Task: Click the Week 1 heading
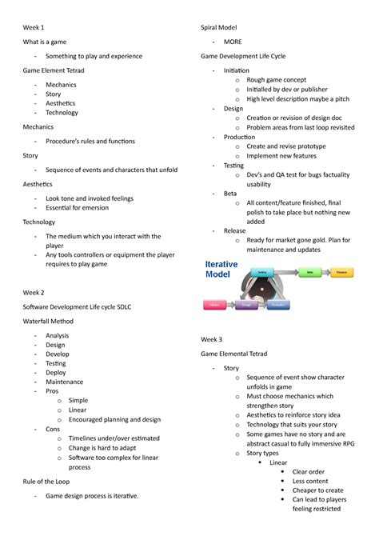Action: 33,27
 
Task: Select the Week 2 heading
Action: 33,293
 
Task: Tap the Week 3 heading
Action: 211,339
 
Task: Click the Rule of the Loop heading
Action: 50,482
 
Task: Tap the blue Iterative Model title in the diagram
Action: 221,269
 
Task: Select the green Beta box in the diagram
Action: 309,273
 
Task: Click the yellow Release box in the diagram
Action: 341,273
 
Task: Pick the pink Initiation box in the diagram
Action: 213,305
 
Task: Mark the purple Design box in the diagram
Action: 246,305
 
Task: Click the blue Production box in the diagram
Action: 277,305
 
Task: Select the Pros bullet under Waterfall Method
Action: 52,392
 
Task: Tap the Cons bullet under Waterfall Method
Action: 53,430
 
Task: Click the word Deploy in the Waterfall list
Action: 56,372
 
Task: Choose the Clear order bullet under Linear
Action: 308,472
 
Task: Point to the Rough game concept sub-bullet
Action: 276,80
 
